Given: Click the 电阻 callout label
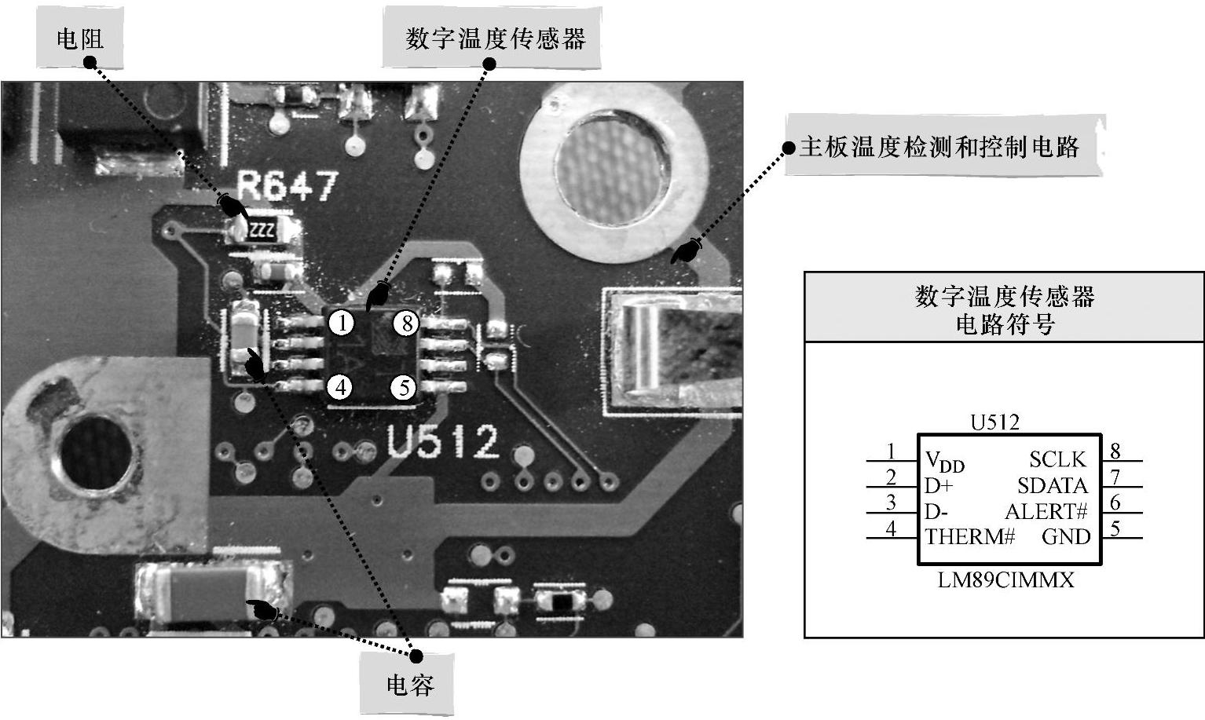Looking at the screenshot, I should coord(79,38).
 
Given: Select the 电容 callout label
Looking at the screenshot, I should coord(409,685).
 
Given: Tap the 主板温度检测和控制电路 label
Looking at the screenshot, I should coord(939,147).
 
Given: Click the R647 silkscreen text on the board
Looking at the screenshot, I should coord(288,187).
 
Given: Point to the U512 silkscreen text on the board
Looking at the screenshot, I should coord(443,442).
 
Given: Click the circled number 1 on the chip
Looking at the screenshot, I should coord(341,323).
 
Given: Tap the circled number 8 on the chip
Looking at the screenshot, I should coord(405,323).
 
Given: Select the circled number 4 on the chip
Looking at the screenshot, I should coord(340,387).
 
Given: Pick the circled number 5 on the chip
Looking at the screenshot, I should coord(404,387).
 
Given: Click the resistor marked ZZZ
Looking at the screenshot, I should coord(262,231).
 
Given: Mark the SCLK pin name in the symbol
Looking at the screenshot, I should coord(1057,459).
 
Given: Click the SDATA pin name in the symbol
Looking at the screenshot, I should coord(1053,486).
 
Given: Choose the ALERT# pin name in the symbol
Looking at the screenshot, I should coord(1046,512).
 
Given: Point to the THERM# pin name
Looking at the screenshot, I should coord(970,537).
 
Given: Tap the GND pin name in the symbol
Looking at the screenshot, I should coord(1066,537).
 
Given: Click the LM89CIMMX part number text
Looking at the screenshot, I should coord(1005,580).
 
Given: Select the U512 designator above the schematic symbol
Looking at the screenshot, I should coord(994,422).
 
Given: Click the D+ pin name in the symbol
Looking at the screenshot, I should coord(938,486).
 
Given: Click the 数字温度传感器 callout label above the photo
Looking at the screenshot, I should coord(495,38).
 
